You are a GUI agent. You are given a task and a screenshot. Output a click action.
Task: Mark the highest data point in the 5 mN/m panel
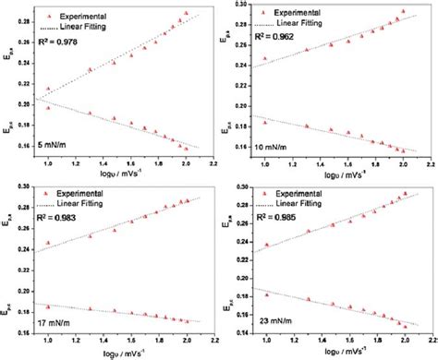pos(186,13)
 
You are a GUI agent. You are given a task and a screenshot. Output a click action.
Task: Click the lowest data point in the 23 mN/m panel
pos(404,326)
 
